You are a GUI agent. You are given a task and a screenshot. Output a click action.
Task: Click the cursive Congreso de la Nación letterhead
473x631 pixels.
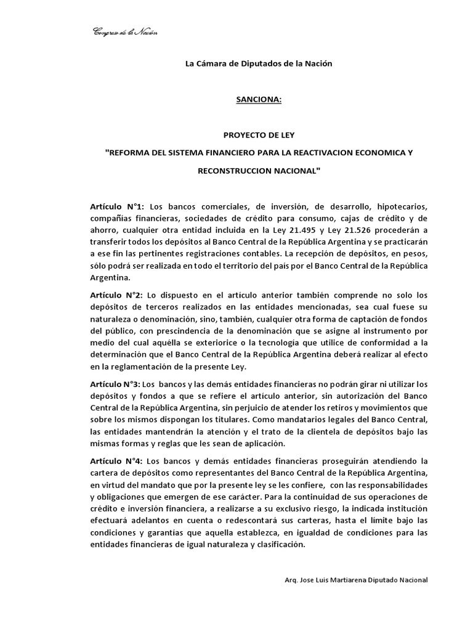[124, 32]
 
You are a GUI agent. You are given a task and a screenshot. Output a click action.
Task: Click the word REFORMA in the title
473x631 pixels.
[131, 152]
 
